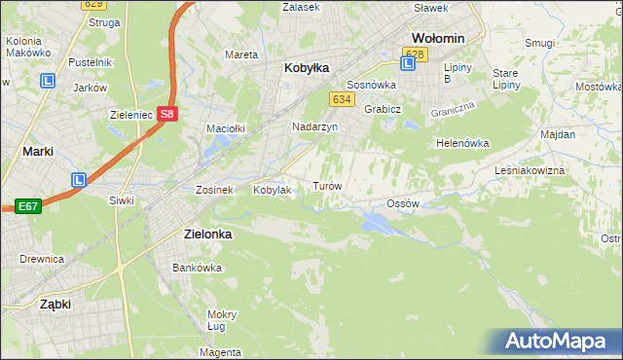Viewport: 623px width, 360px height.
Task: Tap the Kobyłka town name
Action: pos(307,68)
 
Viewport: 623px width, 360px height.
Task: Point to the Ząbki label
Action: pos(55,304)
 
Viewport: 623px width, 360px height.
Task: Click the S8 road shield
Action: pos(167,112)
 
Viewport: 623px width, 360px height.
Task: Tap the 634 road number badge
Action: pos(341,99)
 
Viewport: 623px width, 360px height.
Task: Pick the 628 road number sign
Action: pos(415,54)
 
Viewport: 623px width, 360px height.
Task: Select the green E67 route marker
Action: pos(27,206)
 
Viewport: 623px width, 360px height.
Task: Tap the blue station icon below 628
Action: pos(408,64)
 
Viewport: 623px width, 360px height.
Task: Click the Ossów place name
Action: pos(402,203)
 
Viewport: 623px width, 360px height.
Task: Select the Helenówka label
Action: pos(461,143)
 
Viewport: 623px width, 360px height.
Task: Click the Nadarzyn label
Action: pos(315,127)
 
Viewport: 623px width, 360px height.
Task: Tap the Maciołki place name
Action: pos(225,128)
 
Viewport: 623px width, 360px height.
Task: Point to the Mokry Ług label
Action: pos(222,320)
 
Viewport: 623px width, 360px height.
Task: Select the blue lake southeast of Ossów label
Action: pos(376,225)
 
